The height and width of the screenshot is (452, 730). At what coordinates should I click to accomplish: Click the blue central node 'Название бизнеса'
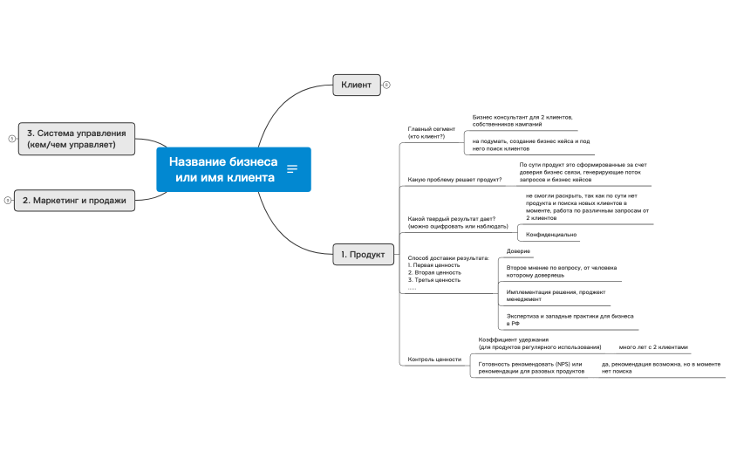pos(223,169)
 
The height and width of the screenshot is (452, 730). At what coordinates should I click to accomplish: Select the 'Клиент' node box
pos(356,85)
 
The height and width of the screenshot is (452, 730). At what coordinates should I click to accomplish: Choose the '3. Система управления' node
pos(77,138)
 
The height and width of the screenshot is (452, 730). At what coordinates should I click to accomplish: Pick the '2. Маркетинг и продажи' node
pos(74,201)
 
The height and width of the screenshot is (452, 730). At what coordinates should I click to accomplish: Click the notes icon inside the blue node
pos(292,169)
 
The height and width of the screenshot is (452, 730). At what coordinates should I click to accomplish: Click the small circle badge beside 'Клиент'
pos(386,85)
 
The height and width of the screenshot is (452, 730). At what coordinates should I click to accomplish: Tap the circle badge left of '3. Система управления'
pos(11,138)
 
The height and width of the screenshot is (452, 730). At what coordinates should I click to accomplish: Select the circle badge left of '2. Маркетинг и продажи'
pos(7,201)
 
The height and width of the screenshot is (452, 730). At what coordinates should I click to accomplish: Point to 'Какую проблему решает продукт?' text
pos(454,181)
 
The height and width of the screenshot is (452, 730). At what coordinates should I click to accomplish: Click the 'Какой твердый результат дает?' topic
pos(452,222)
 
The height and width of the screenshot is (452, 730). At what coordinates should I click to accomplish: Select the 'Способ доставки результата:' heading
pos(448,258)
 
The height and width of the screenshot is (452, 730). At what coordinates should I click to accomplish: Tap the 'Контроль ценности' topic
pos(434,360)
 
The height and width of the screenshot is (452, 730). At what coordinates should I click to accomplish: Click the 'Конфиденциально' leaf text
pos(551,235)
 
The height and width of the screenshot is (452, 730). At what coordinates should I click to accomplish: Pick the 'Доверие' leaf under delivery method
pos(518,251)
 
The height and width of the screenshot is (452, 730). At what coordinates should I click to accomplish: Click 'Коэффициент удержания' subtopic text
pos(514,339)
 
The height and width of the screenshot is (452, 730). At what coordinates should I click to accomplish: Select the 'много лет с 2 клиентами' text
pos(653,346)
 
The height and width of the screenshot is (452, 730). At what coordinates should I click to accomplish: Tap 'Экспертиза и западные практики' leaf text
pos(570,316)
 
